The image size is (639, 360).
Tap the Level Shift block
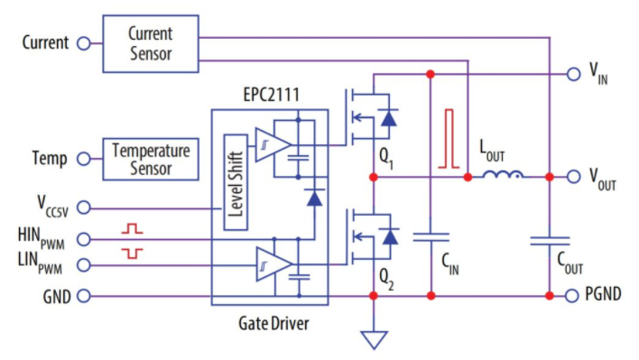click(x=236, y=182)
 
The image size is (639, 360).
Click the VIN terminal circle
click(x=573, y=74)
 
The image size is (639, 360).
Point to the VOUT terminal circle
click(x=573, y=177)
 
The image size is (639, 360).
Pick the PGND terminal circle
click(x=571, y=296)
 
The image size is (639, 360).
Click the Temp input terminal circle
click(x=84, y=159)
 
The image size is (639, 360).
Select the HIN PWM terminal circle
click(x=84, y=239)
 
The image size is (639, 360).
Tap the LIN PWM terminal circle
click(x=84, y=265)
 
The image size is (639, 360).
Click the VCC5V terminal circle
click(x=84, y=208)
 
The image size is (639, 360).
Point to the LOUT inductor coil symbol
click(x=503, y=174)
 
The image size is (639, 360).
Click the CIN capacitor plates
click(x=431, y=237)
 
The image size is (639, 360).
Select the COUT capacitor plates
click(x=550, y=241)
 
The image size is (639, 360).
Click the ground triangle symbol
click(x=374, y=339)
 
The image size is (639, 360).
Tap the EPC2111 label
click(x=272, y=95)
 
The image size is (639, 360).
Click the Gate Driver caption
click(x=273, y=324)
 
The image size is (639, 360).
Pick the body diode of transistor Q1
click(x=388, y=117)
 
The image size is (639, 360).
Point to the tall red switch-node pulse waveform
click(x=449, y=138)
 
